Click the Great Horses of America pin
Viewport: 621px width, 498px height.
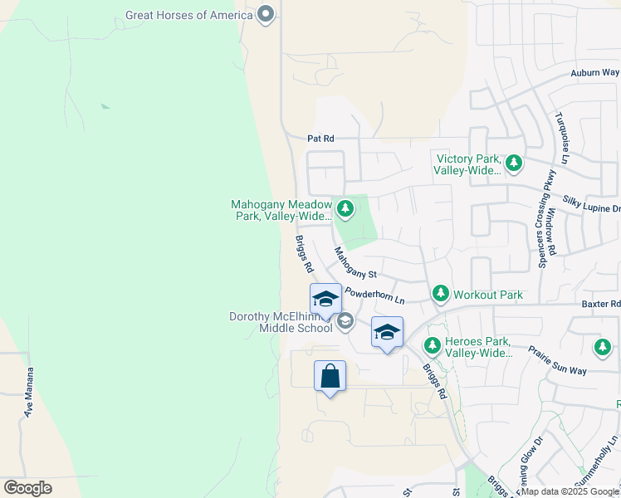(x=266, y=14)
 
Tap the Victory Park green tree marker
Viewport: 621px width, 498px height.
(x=514, y=163)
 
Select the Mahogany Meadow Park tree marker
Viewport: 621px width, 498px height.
(x=345, y=208)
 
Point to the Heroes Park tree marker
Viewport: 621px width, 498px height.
(x=432, y=345)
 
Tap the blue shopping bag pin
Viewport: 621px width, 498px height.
(x=330, y=376)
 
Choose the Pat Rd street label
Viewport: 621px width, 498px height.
(x=320, y=139)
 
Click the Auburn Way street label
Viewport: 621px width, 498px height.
(x=594, y=73)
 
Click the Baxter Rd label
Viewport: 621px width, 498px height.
(x=603, y=305)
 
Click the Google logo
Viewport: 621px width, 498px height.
(x=27, y=488)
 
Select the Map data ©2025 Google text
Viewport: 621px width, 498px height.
(x=570, y=491)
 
